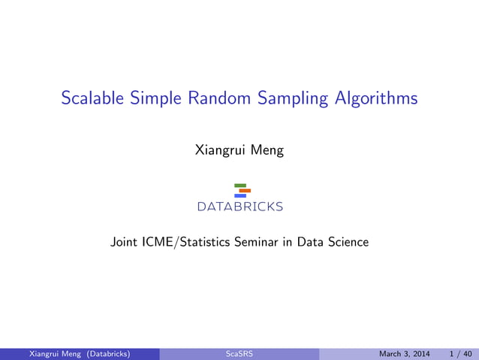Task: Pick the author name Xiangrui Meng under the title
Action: click(239, 150)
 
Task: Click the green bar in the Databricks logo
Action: click(240, 185)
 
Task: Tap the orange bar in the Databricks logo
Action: click(245, 190)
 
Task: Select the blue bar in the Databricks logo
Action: click(240, 195)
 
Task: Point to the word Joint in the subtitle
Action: click(125, 242)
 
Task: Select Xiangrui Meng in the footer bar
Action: click(51, 353)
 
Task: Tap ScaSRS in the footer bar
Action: click(239, 353)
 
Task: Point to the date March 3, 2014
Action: click(405, 353)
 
